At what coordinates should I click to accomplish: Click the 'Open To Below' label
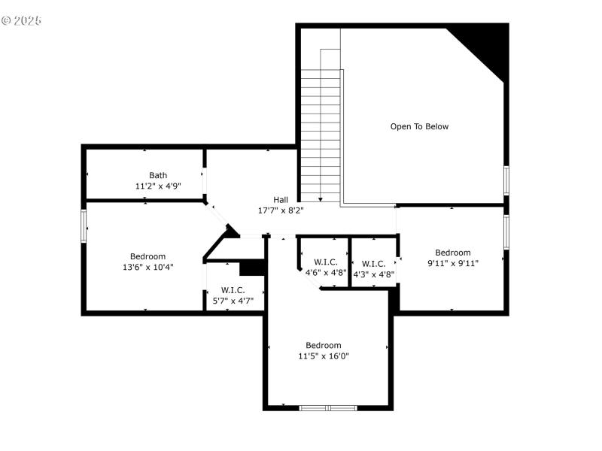(x=419, y=126)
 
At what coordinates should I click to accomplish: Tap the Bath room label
(x=158, y=175)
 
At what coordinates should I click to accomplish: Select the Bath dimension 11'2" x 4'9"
(x=158, y=186)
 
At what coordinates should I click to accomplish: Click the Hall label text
(x=281, y=199)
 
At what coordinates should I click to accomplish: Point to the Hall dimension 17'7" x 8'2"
(x=281, y=210)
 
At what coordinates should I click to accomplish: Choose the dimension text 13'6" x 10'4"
(x=148, y=267)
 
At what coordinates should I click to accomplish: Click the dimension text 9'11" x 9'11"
(x=453, y=263)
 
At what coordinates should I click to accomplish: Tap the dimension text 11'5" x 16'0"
(x=324, y=356)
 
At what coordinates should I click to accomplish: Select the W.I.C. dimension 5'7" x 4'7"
(x=233, y=301)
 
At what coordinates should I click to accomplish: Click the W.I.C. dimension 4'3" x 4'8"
(x=374, y=274)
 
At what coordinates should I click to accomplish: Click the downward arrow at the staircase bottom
(x=321, y=199)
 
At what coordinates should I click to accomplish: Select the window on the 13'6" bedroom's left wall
(x=84, y=225)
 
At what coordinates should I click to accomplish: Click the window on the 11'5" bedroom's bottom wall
(x=328, y=408)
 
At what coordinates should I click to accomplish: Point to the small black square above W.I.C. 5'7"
(x=251, y=268)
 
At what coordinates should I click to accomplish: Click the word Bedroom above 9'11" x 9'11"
(x=453, y=253)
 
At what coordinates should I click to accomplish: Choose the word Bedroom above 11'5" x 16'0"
(x=324, y=346)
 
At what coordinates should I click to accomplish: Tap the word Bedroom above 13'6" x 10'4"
(x=148, y=256)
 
